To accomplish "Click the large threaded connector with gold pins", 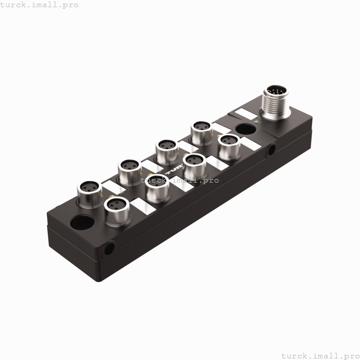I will (x=276, y=101).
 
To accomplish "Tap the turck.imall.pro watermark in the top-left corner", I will (x=40, y=5).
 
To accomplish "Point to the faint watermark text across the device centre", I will (x=180, y=180).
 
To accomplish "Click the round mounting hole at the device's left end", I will (x=82, y=224).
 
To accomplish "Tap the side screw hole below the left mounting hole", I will (x=109, y=249).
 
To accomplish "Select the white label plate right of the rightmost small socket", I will (x=250, y=145).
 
